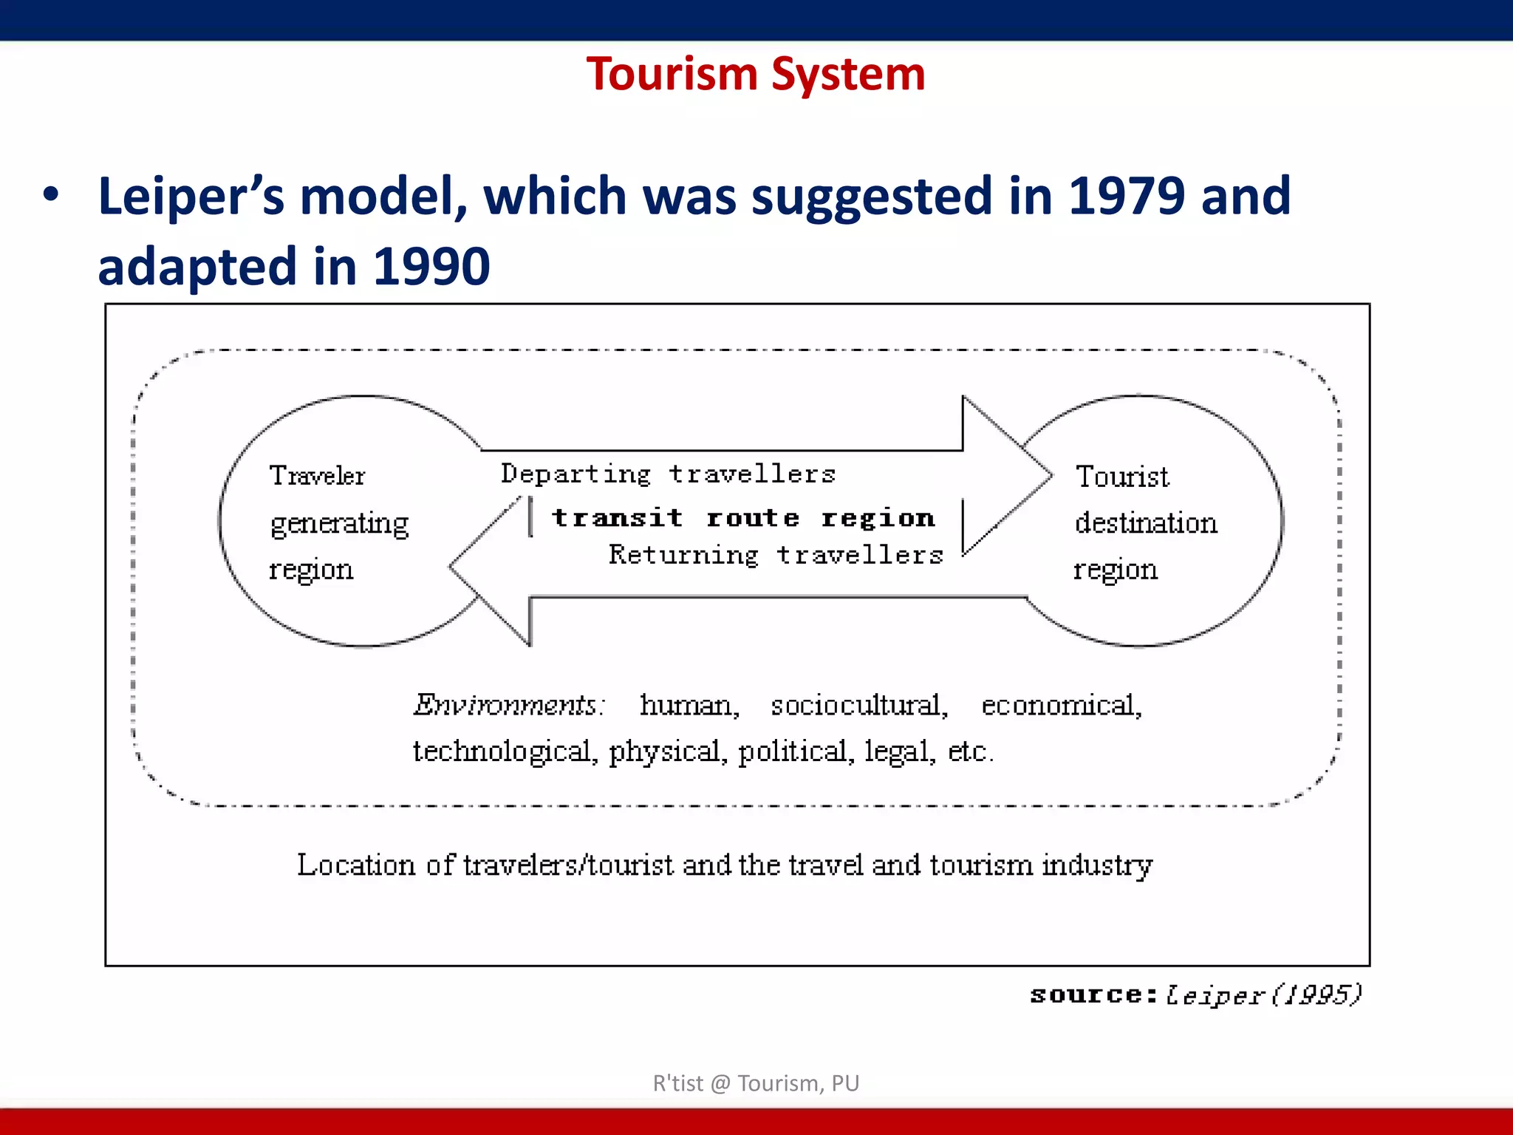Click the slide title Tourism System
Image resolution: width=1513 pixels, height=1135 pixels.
tap(755, 75)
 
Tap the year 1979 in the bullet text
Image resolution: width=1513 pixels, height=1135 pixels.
tap(1126, 197)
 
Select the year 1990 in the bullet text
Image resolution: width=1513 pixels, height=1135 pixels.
tap(431, 267)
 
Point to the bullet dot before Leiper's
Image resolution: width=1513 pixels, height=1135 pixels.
tap(50, 195)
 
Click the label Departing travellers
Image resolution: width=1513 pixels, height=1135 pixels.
tap(668, 474)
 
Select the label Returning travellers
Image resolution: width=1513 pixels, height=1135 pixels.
tap(776, 555)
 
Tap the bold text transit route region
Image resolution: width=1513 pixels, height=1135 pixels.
tap(743, 517)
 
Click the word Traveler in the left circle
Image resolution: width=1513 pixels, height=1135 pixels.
tap(317, 476)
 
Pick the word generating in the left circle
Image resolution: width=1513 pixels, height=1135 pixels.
tap(339, 524)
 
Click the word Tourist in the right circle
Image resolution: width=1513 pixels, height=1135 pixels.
tap(1122, 477)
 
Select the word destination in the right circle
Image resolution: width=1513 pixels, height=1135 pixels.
tap(1146, 523)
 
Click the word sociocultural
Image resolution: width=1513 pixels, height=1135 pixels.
tap(859, 706)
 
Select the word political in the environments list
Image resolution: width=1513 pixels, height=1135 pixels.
tap(796, 751)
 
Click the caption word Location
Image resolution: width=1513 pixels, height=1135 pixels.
tap(356, 865)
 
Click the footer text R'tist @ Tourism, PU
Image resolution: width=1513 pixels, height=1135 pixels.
tap(756, 1083)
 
